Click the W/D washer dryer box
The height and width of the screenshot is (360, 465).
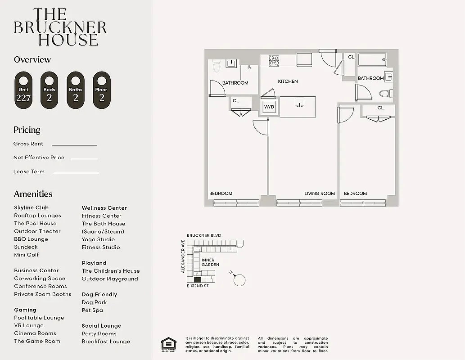269,107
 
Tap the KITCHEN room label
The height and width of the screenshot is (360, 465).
288,81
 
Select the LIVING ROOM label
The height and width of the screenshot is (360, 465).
320,193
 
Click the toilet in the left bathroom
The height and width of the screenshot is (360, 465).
216,66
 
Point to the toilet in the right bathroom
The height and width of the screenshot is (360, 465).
384,94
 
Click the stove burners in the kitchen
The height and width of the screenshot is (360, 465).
274,60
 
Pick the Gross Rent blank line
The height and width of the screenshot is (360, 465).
74,145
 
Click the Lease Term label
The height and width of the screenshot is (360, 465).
29,171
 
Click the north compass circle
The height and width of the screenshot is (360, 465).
240,280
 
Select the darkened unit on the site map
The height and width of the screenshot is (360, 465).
198,279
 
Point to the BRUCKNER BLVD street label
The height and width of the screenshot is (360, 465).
204,235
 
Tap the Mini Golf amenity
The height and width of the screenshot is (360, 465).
26,255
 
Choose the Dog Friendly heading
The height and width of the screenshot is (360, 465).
99,294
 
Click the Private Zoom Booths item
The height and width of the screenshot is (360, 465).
42,294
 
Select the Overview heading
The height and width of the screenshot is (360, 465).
32,59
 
